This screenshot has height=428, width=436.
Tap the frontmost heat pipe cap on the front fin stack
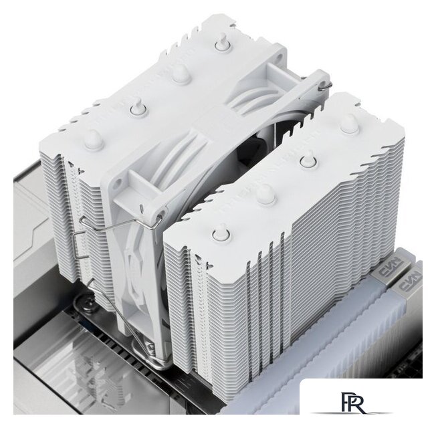[220, 232]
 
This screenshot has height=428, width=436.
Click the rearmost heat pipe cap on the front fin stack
[348, 123]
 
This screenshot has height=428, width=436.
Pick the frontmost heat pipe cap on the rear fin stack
[93, 138]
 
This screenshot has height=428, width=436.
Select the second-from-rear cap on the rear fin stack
[181, 73]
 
